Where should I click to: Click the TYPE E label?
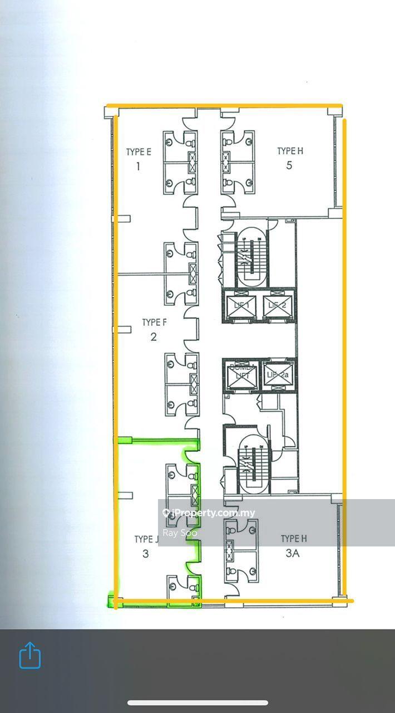(139, 152)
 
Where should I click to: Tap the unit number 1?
(138, 166)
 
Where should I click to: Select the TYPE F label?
(154, 323)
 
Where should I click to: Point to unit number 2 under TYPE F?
(154, 337)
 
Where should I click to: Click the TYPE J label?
(147, 539)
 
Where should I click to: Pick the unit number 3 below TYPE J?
(146, 554)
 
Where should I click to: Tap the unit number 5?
(289, 165)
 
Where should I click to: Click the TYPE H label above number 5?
(290, 151)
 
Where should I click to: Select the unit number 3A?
(293, 553)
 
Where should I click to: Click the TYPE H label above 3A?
(294, 539)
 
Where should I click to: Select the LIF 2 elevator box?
(276, 306)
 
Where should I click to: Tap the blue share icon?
(30, 655)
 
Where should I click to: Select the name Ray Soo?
(180, 533)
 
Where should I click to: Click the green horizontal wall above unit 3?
(159, 441)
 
